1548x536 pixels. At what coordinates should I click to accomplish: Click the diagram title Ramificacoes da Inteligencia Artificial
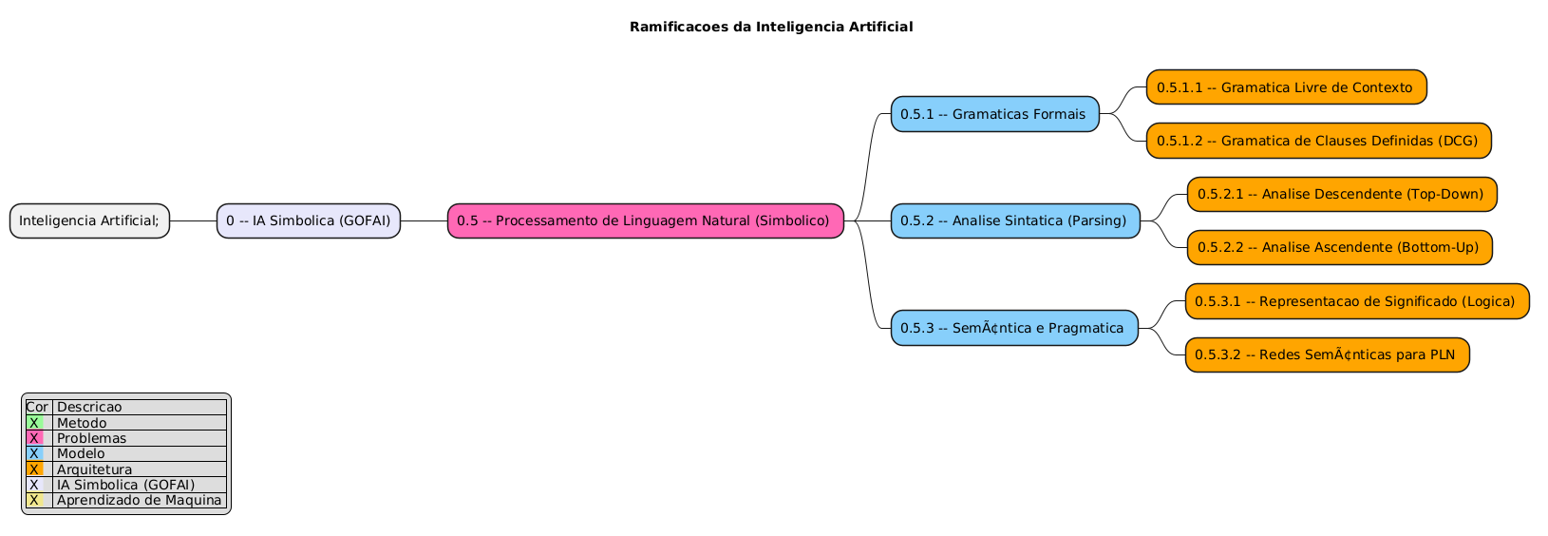pos(770,27)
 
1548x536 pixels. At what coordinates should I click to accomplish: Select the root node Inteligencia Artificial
pos(90,220)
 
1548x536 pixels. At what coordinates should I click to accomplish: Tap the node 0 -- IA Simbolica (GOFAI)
pos(309,220)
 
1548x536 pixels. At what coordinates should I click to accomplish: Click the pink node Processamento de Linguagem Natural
pos(645,220)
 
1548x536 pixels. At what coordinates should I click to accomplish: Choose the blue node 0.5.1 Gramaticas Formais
pos(994,114)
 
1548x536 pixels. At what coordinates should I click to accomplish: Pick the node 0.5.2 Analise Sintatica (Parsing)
pos(1014,220)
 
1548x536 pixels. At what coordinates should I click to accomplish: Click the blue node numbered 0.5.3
pos(1013,328)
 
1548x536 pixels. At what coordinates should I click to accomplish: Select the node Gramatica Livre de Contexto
pos(1286,87)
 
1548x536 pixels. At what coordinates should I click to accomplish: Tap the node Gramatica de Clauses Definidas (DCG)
pos(1318,141)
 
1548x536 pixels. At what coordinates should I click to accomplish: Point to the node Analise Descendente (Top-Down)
pos(1341,194)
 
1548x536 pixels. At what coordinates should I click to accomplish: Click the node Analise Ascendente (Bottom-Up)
pos(1339,247)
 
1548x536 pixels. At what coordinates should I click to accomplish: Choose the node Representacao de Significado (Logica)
pos(1356,301)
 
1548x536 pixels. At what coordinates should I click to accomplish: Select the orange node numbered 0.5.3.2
pos(1327,354)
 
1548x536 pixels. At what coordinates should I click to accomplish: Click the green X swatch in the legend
pos(34,423)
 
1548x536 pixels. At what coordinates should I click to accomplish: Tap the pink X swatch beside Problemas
pos(34,438)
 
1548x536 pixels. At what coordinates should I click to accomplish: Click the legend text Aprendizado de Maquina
pos(139,500)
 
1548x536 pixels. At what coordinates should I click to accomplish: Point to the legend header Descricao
pos(89,407)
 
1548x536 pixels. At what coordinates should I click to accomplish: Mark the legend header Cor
pos(37,407)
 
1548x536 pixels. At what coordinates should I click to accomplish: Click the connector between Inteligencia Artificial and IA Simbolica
pos(193,220)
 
